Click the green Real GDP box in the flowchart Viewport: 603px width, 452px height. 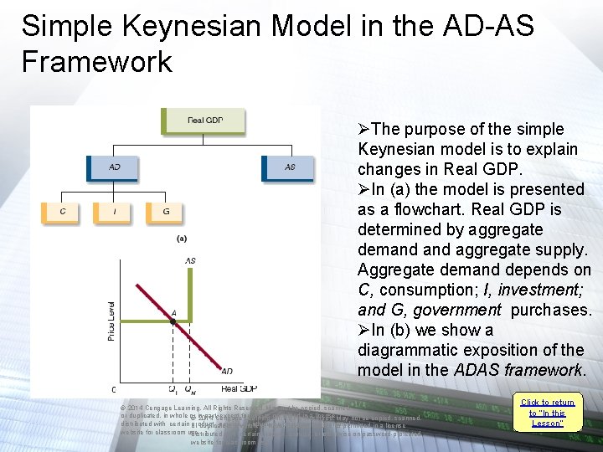[x=205, y=120]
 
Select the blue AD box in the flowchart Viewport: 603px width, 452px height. [x=114, y=167]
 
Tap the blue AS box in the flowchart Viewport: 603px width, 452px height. [x=289, y=167]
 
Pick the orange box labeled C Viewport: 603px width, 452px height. [x=62, y=212]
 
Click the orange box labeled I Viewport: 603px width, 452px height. [x=114, y=212]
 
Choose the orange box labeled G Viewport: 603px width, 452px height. [x=165, y=212]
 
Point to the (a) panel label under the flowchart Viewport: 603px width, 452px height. [x=181, y=239]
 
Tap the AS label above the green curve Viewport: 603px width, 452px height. [x=190, y=261]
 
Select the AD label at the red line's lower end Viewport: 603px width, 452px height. [x=227, y=371]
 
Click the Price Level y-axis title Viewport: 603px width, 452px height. [x=111, y=321]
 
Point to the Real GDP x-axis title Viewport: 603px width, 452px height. [x=240, y=389]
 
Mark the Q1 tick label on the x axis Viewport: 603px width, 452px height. [x=173, y=389]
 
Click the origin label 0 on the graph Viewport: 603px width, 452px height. [x=115, y=389]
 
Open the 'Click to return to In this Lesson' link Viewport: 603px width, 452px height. [x=548, y=413]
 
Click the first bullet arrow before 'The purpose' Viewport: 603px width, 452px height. [x=363, y=130]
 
